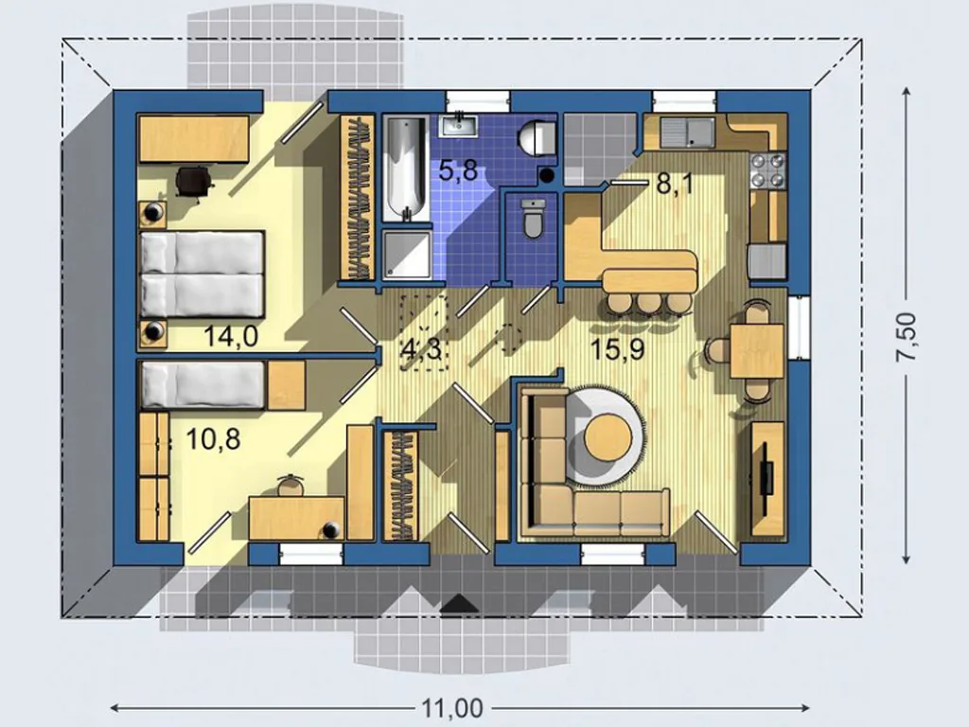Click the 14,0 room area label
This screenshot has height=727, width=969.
[x=231, y=336]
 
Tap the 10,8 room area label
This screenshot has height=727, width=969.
[x=213, y=439]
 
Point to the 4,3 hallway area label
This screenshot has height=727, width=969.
[x=421, y=350]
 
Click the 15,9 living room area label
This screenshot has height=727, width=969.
[x=617, y=349]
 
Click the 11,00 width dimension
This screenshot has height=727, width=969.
[x=452, y=707]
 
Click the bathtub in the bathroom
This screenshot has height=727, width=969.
[x=405, y=168]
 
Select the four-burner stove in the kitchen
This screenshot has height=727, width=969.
[x=768, y=170]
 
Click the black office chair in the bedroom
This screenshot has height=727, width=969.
[x=194, y=181]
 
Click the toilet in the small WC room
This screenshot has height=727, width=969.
[x=532, y=218]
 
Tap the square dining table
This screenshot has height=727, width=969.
[x=757, y=350]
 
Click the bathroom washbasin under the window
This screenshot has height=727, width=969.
[x=458, y=126]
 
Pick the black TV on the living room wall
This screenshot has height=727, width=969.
[x=766, y=468]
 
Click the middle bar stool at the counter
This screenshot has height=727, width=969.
[x=648, y=304]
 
